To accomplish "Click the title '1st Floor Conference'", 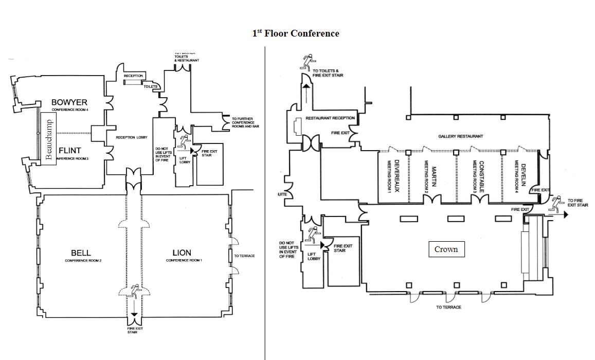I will (295, 33).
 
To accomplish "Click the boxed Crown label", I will (446, 249).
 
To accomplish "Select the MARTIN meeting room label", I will (434, 175).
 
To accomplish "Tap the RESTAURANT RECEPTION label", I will (330, 118).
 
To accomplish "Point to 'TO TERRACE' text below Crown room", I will (448, 307).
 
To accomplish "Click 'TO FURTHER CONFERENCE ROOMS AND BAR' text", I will (243, 122).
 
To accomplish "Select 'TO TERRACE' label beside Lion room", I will (244, 256).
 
